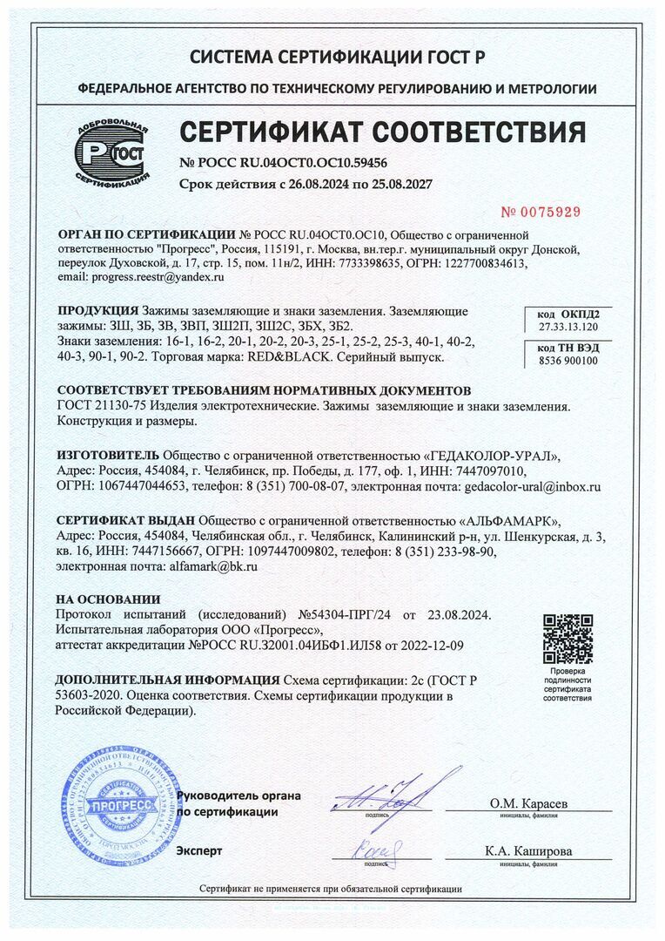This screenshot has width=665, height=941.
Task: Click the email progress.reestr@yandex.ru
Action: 158,277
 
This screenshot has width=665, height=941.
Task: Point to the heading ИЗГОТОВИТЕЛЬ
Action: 108,456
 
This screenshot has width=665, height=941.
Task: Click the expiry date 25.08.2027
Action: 402,185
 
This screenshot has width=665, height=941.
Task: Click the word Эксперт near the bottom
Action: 199,850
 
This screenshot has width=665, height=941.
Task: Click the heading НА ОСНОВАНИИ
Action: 108,599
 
